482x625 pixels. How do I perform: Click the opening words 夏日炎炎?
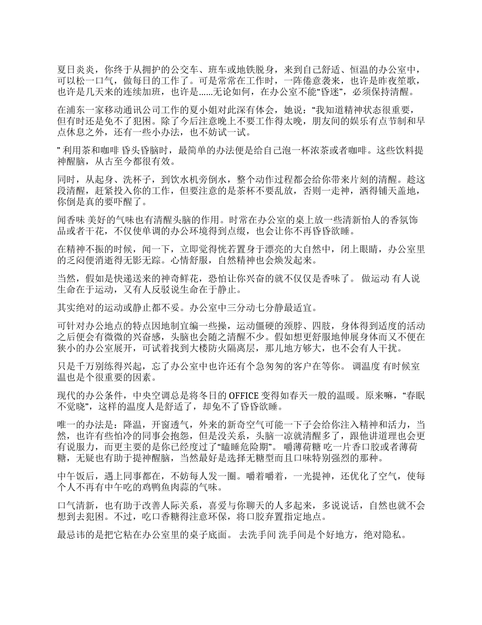coord(75,70)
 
